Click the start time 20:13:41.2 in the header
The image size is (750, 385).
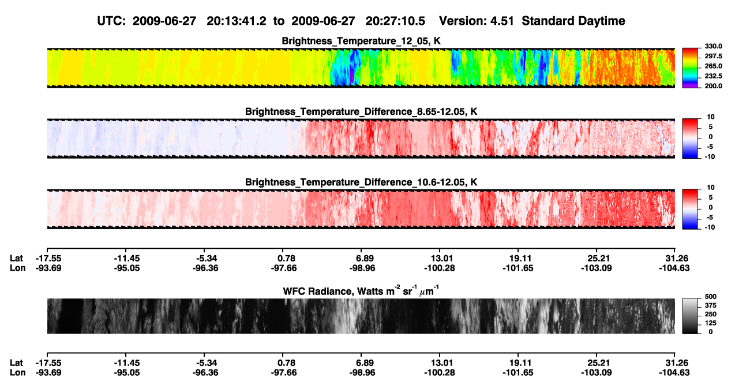point(237,21)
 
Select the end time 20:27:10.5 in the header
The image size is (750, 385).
point(395,21)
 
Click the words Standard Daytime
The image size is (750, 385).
point(573,21)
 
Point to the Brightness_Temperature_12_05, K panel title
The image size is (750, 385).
point(361,41)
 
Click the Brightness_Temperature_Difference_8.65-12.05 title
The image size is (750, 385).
point(361,111)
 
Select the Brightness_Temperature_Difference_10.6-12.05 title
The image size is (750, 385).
point(361,182)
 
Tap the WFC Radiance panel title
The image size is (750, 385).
point(361,291)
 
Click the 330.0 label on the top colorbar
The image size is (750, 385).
point(713,46)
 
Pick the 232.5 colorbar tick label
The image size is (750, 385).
point(713,76)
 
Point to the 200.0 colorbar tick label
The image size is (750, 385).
point(713,86)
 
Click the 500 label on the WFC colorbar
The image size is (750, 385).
point(711,297)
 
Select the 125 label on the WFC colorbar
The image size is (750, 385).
point(711,323)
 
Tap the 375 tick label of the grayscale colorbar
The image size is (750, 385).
point(711,305)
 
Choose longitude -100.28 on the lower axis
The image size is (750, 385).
point(439,373)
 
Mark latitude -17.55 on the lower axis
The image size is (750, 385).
point(48,363)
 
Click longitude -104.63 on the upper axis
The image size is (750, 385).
point(674,268)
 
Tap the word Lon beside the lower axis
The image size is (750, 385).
point(17,373)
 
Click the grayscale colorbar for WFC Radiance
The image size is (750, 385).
point(690,316)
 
